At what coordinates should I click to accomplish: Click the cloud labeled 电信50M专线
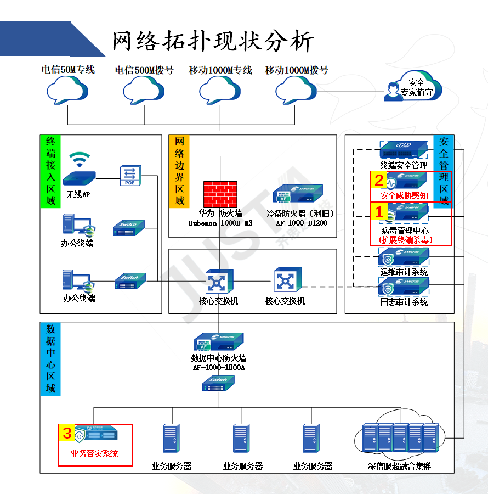[67, 89]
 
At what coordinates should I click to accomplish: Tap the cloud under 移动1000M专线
[220, 89]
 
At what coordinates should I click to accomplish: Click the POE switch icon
[130, 175]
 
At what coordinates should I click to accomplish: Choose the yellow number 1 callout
[378, 210]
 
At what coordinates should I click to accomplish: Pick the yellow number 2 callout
[378, 179]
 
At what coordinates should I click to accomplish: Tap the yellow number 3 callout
[67, 433]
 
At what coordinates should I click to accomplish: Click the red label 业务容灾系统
[94, 453]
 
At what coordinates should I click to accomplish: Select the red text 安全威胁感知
[404, 195]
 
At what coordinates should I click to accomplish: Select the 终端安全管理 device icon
[404, 149]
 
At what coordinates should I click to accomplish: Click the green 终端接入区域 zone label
[50, 171]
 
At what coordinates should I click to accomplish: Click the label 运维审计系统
[404, 272]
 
